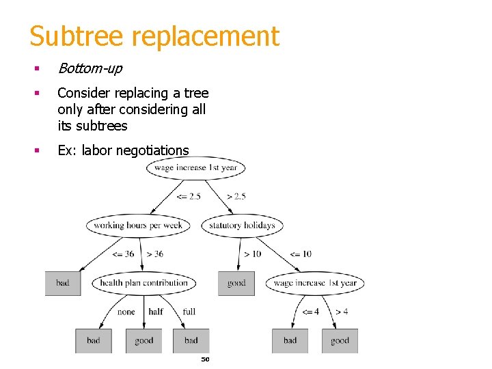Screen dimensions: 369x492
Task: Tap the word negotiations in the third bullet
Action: pos(154,150)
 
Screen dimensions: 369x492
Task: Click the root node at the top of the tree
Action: pos(195,168)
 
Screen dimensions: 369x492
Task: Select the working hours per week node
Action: pos(138,225)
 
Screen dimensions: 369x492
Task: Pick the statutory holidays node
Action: pos(242,225)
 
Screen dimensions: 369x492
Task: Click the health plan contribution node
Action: pos(143,283)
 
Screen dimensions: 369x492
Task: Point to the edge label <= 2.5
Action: pos(189,197)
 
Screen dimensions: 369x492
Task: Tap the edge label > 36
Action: pos(155,254)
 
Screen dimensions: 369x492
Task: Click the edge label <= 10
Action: pos(300,254)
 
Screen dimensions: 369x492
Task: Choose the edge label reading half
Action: pos(156,312)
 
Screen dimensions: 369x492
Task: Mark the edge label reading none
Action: pos(126,312)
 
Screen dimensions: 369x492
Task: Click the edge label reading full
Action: pos(189,312)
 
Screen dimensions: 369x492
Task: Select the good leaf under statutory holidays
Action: pos(236,283)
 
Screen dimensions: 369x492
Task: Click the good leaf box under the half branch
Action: pos(143,340)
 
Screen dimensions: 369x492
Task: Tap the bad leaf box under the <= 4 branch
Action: pos(290,340)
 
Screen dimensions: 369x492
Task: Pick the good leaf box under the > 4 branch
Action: pos(340,340)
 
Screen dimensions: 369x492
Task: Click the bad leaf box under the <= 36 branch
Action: pos(63,283)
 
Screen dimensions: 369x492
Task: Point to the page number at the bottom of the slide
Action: pos(204,359)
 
